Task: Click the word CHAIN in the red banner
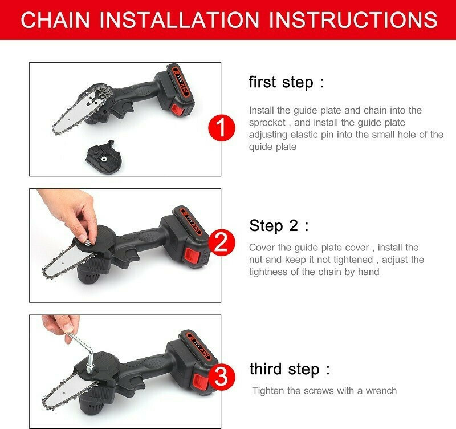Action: pyautogui.click(x=55, y=19)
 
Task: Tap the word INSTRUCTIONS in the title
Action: pyautogui.click(x=353, y=19)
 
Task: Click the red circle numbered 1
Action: pyautogui.click(x=222, y=128)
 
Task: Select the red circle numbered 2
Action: pyautogui.click(x=222, y=242)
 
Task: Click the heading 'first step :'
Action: pyautogui.click(x=286, y=82)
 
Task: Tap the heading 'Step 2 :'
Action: pyautogui.click(x=279, y=225)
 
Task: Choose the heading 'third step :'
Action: pyautogui.click(x=290, y=369)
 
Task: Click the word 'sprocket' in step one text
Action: pyautogui.click(x=267, y=123)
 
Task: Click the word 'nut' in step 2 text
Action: pyautogui.click(x=256, y=260)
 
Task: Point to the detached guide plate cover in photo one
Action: pyautogui.click(x=104, y=156)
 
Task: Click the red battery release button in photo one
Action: pyautogui.click(x=177, y=110)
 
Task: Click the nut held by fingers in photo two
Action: pyautogui.click(x=88, y=241)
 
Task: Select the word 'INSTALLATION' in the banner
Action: pyautogui.click(x=179, y=19)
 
